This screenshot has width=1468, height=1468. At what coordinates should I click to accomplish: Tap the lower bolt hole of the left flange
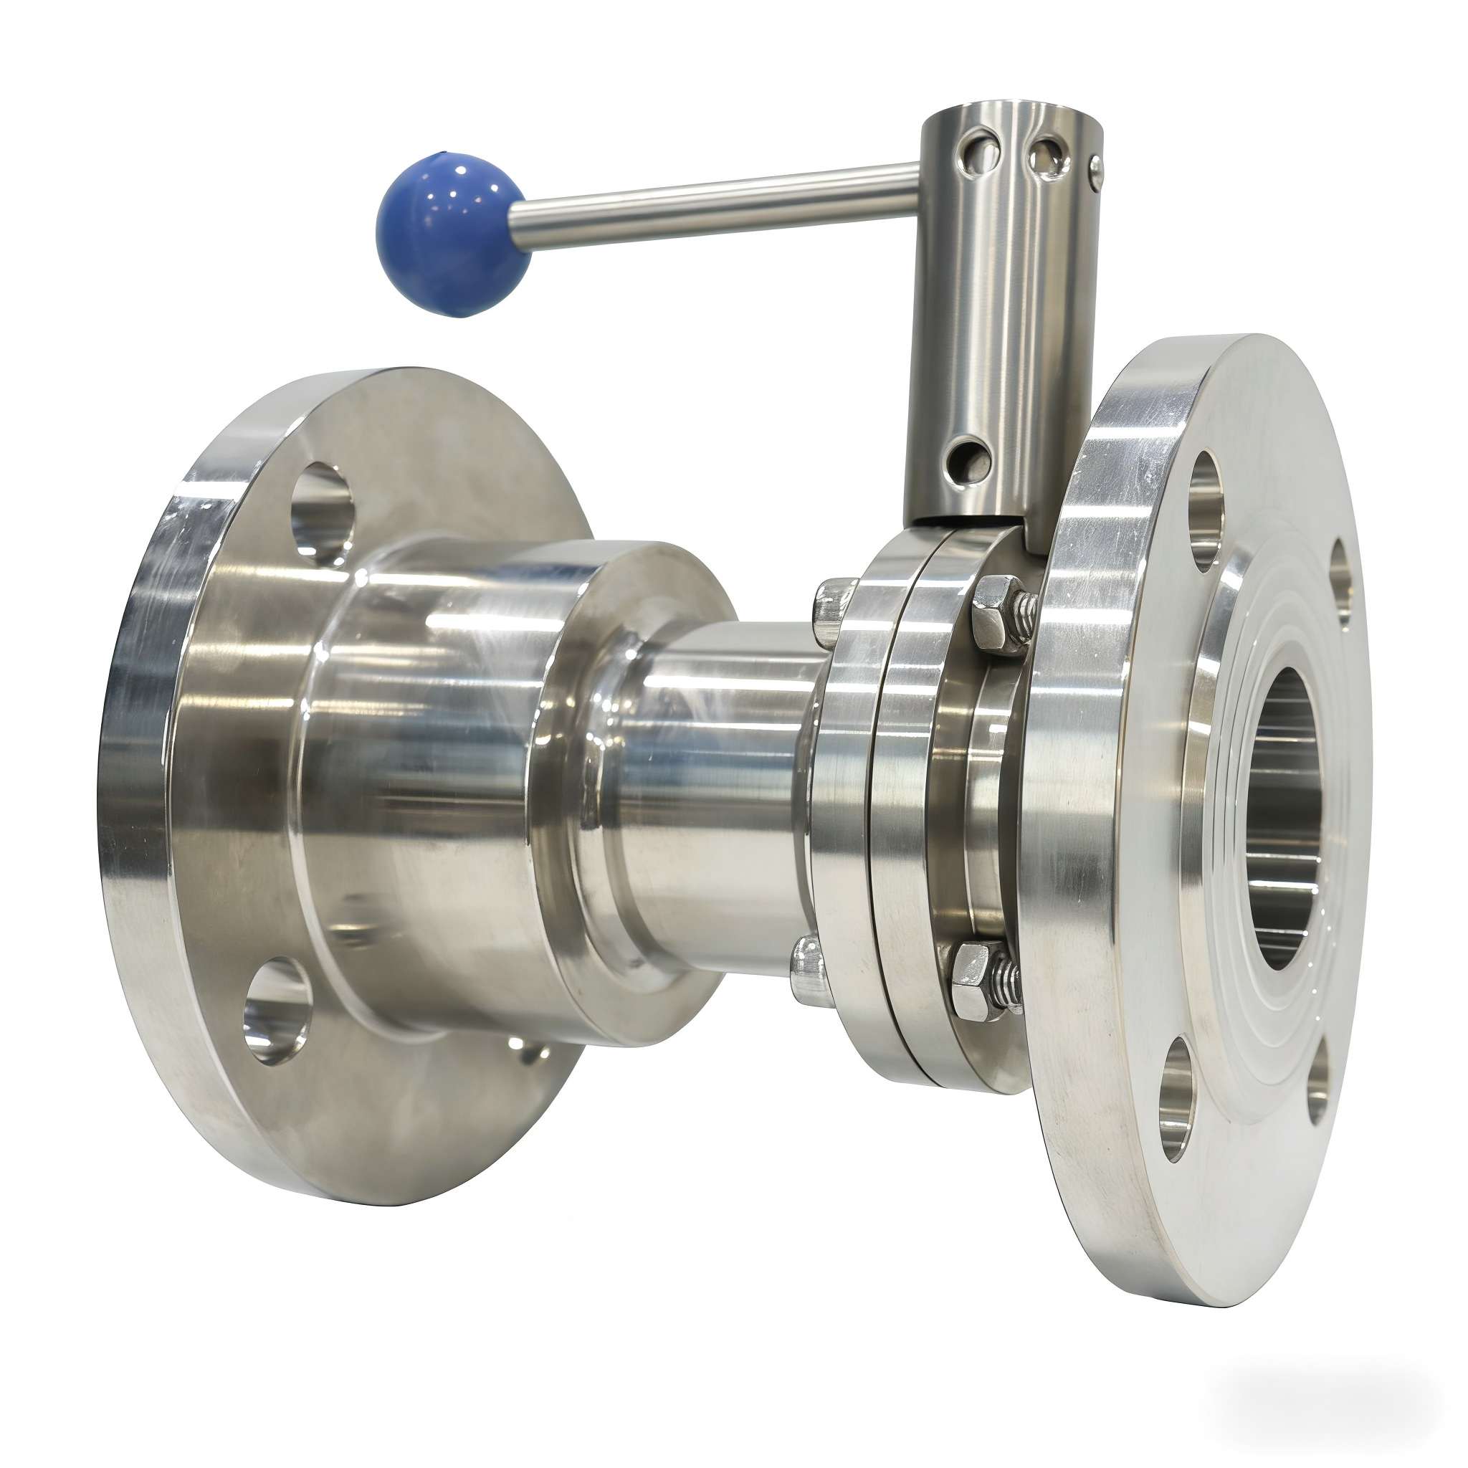click(x=277, y=1010)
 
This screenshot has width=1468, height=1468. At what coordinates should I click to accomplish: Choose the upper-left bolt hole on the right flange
click(x=1206, y=510)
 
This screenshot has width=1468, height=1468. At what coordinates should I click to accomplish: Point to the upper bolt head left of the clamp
click(x=833, y=608)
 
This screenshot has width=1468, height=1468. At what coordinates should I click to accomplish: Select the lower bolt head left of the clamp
click(x=809, y=969)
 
